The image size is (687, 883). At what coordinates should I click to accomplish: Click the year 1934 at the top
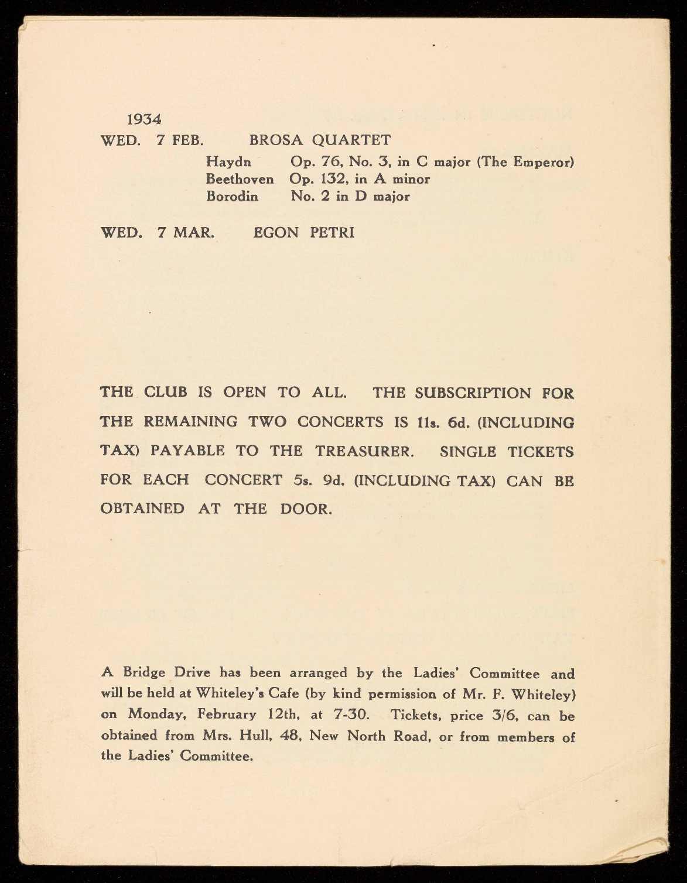144,119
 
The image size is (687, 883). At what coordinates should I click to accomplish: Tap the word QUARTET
351,140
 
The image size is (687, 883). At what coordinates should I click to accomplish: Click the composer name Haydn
229,162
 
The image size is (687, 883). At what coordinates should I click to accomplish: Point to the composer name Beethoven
240,179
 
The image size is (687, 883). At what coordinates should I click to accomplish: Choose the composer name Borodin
232,197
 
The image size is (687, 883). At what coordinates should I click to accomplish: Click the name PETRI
332,233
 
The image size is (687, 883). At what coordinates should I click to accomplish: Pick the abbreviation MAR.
193,233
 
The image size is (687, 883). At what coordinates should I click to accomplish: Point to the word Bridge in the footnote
146,673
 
